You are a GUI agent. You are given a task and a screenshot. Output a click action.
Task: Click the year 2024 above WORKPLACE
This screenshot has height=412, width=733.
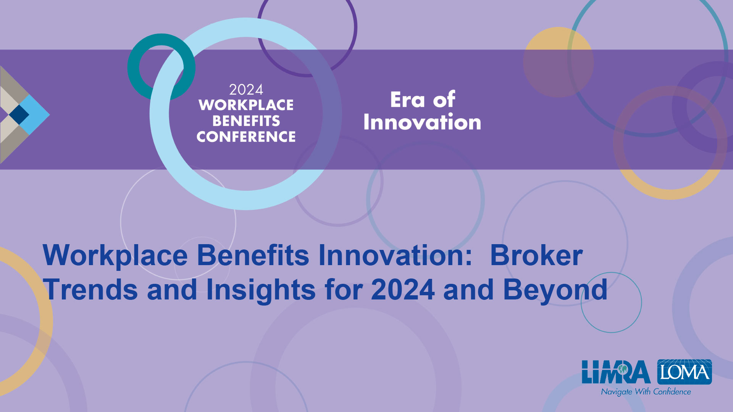click(x=246, y=90)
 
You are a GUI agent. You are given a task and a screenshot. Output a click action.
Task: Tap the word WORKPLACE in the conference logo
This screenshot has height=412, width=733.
click(x=246, y=105)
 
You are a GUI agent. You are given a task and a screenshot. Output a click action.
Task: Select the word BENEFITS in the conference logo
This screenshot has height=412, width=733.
click(x=246, y=121)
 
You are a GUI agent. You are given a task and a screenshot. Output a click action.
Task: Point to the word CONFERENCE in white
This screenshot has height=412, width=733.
click(x=246, y=137)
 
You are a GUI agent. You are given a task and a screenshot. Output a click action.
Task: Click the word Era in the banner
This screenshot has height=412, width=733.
click(x=407, y=100)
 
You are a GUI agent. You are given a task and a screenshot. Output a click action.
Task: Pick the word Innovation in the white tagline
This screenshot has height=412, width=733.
click(x=422, y=122)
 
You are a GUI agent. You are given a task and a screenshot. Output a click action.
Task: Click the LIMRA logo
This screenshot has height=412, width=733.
click(x=616, y=372)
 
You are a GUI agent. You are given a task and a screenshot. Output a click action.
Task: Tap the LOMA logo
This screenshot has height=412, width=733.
click(x=685, y=372)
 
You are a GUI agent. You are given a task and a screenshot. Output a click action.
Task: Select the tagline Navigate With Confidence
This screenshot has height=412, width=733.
click(x=646, y=392)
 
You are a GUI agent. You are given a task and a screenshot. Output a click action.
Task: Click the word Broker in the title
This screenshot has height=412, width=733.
click(x=536, y=255)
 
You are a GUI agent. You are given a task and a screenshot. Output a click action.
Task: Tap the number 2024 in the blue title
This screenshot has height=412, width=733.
click(x=403, y=290)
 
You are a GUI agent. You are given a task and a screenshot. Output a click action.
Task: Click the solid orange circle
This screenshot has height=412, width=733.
click(x=558, y=62)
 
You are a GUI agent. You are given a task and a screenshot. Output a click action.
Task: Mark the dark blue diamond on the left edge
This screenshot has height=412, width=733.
click(x=19, y=114)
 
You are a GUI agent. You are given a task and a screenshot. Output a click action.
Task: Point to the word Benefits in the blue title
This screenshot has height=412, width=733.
click(x=253, y=255)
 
